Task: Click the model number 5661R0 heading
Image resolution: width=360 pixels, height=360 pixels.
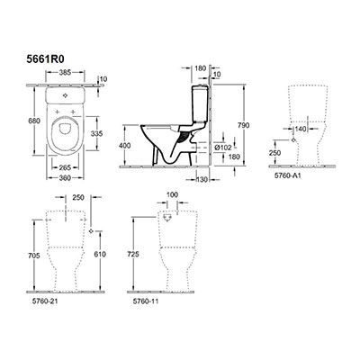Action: pos(46,59)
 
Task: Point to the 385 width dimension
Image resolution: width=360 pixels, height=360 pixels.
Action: pos(65,72)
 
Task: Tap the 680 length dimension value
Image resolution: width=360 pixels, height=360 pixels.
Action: pos(34,121)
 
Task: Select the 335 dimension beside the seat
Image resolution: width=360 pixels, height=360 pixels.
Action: pos(96,133)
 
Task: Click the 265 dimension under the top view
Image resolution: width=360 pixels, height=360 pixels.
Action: pos(65,167)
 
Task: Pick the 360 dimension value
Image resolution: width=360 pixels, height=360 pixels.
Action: pos(65,178)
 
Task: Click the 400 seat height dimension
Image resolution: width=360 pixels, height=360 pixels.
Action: pos(125,146)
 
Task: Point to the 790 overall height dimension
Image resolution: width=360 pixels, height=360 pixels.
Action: pos(243,125)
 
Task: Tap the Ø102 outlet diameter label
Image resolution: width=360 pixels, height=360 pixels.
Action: pos(224,148)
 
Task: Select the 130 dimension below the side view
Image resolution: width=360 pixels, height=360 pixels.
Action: pos(202,180)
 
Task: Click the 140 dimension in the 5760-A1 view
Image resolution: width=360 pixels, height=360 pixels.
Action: pos(300,130)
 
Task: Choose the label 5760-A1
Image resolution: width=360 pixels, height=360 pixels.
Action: pos(287,175)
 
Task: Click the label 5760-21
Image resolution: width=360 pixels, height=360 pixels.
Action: pos(45,301)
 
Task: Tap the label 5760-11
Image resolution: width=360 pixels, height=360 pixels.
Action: pos(146,301)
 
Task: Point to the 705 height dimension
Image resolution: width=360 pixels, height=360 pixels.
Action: pos(34,256)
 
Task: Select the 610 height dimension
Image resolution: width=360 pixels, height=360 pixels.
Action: pos(100,255)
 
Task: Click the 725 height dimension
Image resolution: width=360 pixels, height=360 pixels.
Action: pos(133,255)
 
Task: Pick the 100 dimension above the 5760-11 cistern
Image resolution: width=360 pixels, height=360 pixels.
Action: pos(172,194)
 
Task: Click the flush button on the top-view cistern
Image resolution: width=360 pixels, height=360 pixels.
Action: pos(66,95)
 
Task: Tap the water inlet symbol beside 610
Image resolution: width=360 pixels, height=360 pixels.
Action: pos(92,230)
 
